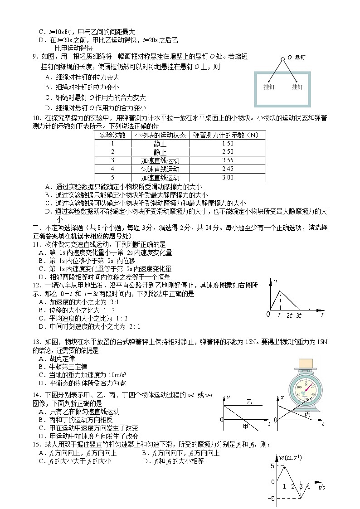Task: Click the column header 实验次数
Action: point(112,135)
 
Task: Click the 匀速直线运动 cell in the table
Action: point(160,169)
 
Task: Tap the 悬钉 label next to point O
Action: point(300,58)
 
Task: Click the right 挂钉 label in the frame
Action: point(297,87)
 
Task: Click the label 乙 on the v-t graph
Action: point(249,401)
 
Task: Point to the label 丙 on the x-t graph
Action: point(308,414)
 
